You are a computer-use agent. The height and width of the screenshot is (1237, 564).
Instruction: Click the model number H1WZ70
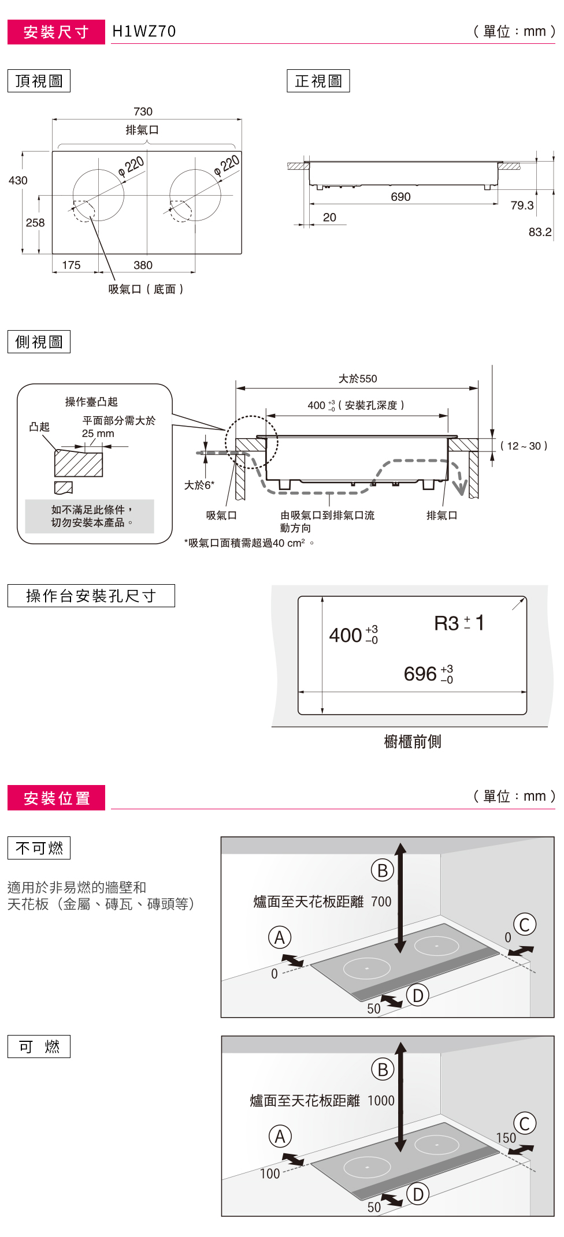(x=144, y=31)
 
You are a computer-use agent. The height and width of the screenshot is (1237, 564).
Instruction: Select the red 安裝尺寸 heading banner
(x=56, y=32)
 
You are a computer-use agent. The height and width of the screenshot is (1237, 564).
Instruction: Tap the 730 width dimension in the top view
(x=143, y=111)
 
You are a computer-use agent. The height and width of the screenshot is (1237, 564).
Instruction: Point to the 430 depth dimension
(x=18, y=181)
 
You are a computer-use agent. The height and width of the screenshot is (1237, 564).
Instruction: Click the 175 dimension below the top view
(x=71, y=265)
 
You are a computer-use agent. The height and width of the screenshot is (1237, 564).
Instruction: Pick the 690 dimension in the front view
(x=400, y=197)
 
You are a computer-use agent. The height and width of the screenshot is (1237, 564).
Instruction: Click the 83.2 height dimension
(x=540, y=232)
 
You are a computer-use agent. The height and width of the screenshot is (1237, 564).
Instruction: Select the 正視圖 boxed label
(x=318, y=81)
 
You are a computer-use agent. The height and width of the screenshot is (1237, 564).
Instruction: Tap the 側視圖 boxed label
(x=39, y=342)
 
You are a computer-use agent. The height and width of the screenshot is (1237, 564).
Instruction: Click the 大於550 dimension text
(x=358, y=379)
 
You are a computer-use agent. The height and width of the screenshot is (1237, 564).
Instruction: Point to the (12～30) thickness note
(x=524, y=446)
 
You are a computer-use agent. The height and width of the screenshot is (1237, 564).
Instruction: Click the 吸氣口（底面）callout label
(x=146, y=289)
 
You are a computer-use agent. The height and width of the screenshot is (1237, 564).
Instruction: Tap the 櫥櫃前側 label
(x=413, y=742)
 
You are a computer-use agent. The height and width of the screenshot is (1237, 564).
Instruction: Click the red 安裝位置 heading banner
(x=56, y=798)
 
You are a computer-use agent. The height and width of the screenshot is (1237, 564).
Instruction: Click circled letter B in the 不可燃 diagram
(x=382, y=870)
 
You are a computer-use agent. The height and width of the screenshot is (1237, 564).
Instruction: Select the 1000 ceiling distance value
(x=381, y=1101)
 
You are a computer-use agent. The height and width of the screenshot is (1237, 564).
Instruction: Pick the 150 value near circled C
(x=506, y=1138)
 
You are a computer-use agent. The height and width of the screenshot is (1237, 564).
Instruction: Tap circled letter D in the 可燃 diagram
(x=418, y=1194)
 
